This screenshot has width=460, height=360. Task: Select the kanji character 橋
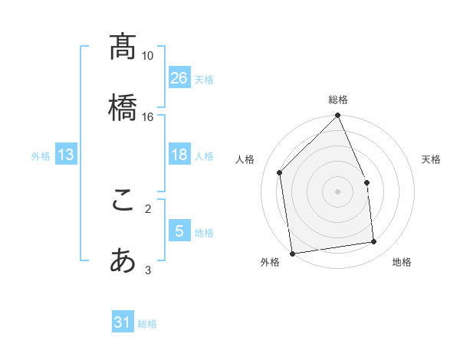tap(123, 107)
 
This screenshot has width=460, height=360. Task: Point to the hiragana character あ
tap(123, 261)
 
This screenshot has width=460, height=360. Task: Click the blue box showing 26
tap(179, 78)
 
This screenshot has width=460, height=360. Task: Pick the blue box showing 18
tap(179, 155)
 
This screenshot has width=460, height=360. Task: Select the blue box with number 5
tap(179, 231)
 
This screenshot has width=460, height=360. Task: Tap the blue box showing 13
tap(66, 155)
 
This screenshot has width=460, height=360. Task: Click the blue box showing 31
tap(123, 322)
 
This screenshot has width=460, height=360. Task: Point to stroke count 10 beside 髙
tap(148, 56)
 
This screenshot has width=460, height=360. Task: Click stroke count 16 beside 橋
tap(148, 117)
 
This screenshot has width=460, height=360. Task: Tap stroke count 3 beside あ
tap(148, 270)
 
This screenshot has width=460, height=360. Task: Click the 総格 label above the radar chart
tap(338, 100)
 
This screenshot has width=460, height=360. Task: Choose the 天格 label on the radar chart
tap(431, 159)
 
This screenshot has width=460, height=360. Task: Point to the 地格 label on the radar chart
tap(402, 262)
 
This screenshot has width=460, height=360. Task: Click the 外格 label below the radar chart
tap(270, 262)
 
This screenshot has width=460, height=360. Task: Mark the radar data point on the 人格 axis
tap(280, 172)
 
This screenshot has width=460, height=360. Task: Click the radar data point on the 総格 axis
tap(338, 116)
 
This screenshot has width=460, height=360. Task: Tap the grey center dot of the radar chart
tap(338, 191)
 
